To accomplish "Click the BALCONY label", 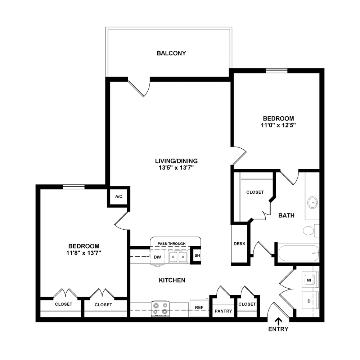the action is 171,53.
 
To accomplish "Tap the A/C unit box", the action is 119,197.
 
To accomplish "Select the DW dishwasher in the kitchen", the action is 157,257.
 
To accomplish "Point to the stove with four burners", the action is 160,309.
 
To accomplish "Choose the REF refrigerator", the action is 199,308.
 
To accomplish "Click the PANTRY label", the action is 223,311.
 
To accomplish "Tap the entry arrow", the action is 278,321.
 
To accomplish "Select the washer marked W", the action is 310,280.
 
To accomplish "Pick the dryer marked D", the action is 310,301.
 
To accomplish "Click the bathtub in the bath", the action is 299,253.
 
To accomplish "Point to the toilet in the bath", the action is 311,231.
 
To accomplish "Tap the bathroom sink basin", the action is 312,202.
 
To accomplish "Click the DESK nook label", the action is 239,244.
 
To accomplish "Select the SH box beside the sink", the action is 197,255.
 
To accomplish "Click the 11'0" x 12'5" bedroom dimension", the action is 278,125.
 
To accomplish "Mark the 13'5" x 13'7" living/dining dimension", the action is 176,168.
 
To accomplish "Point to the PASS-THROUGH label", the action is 171,244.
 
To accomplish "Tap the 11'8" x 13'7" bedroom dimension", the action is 84,253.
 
